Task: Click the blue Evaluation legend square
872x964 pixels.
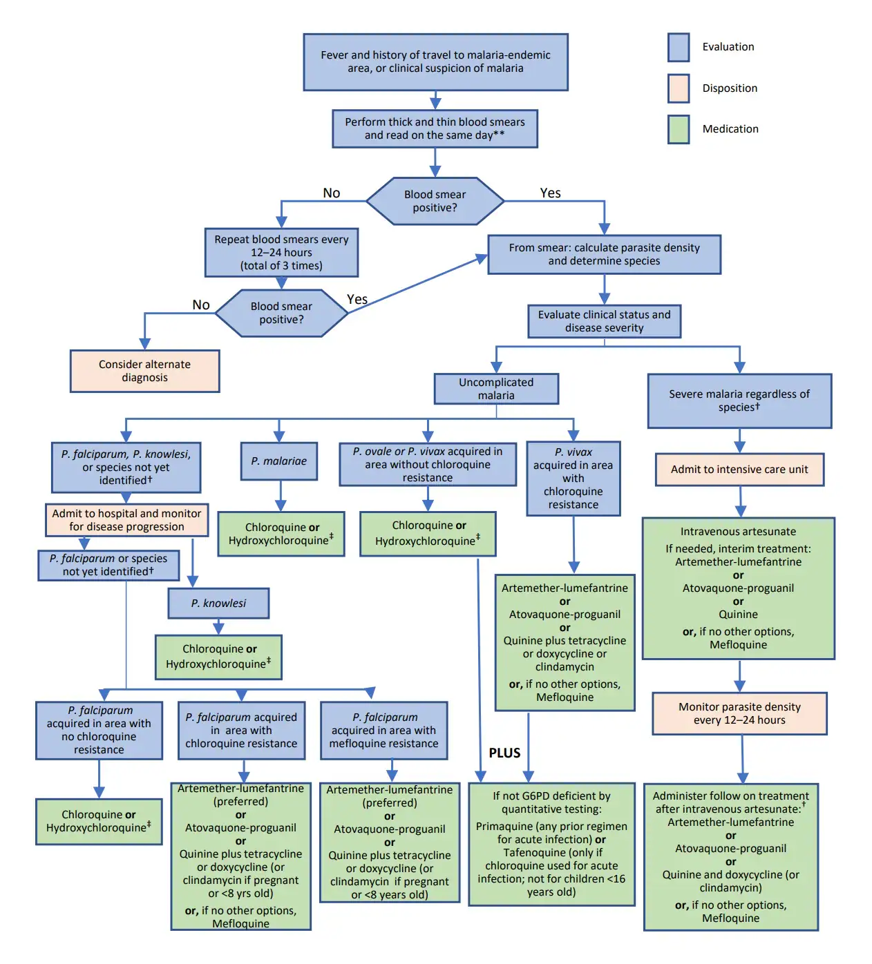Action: [678, 47]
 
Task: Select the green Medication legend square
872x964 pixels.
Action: [678, 129]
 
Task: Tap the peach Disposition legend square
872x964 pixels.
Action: [678, 88]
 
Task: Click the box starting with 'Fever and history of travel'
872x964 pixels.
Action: [435, 62]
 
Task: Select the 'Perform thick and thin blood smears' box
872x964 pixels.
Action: [435, 128]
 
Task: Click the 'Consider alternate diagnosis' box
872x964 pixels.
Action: [144, 371]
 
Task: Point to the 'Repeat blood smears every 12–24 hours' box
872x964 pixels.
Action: [281, 253]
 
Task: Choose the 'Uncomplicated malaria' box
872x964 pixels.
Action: [496, 389]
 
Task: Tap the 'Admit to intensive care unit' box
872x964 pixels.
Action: [739, 470]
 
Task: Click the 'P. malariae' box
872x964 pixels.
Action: [279, 461]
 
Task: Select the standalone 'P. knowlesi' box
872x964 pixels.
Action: [218, 604]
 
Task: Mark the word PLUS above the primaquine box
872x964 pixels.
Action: [504, 753]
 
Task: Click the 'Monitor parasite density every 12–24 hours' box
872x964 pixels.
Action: [739, 713]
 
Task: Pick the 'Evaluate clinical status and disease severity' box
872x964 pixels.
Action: [604, 321]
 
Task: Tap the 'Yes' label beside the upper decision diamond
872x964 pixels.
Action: [550, 193]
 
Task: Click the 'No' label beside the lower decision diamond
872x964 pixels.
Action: [201, 305]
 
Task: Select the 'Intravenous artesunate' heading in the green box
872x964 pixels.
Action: [738, 532]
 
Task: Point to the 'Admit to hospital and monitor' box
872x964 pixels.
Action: [126, 520]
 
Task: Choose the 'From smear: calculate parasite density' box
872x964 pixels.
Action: [604, 254]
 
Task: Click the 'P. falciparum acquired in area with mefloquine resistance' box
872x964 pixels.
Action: [383, 731]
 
